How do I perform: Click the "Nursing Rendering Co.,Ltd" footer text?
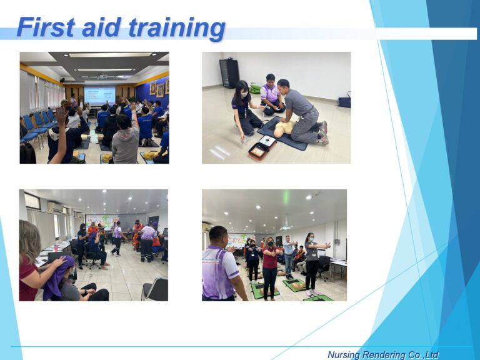pos(382,354)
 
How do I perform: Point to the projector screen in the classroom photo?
pos(99,94)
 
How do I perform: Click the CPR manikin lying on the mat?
pos(286,127)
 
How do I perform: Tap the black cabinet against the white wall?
pos(229,72)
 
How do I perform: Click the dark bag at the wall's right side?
pos(344,101)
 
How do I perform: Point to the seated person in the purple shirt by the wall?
pos(271,95)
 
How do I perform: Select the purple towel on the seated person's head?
pos(58,277)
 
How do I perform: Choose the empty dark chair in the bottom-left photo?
pos(155,289)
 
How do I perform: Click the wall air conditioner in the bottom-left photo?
pos(55,206)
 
